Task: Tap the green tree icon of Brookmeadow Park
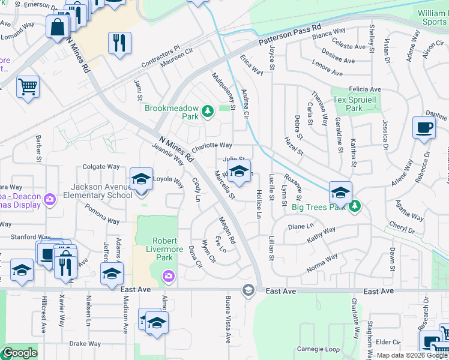[x=207, y=110]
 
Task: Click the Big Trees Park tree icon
[x=355, y=206]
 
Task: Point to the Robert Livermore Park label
[x=155, y=248]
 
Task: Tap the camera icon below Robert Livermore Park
[x=169, y=275]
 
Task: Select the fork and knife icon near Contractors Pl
[x=119, y=43]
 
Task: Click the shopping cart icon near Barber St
[x=27, y=86]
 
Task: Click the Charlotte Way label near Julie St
[x=212, y=146]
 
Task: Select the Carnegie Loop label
[x=319, y=349]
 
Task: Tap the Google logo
[x=20, y=353]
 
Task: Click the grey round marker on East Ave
[x=247, y=291]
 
